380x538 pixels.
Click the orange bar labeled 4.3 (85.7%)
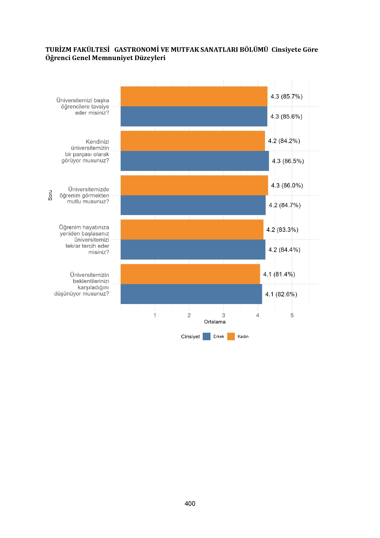coord(194,96)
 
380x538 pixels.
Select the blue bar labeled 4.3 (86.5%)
coord(195,161)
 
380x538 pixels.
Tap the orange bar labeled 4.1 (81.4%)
coord(190,274)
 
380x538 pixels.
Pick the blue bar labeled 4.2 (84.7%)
coord(193,205)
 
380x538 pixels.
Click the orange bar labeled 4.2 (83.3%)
coord(192,230)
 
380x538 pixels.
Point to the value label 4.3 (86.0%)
coord(287,185)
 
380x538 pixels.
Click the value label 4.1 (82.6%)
coord(281,294)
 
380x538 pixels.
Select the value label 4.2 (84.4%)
coord(284,250)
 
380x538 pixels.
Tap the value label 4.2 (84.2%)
coord(284,141)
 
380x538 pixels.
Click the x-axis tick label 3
coord(223,315)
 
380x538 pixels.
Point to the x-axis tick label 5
coord(292,315)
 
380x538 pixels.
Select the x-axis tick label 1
coord(155,315)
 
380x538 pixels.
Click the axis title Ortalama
coord(215,322)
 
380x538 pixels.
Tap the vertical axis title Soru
coord(50,195)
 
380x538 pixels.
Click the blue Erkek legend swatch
coord(207,337)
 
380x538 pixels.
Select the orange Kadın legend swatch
coord(231,337)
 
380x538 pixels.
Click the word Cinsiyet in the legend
coord(190,337)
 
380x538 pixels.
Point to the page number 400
coord(190,504)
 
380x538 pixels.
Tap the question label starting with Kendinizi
coord(85,151)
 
